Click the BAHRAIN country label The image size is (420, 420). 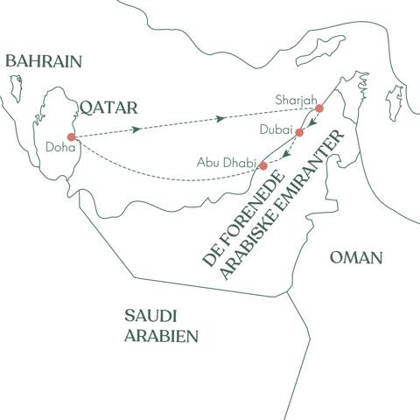coord(43,61)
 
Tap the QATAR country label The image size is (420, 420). coord(109,107)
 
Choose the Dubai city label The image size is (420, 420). coord(276,128)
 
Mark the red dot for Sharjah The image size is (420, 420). coord(319,108)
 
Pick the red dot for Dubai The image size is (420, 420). coord(299,133)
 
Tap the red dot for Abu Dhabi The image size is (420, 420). coord(262,165)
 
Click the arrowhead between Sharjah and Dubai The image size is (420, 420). coord(311,122)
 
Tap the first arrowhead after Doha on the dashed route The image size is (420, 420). coord(137,129)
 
